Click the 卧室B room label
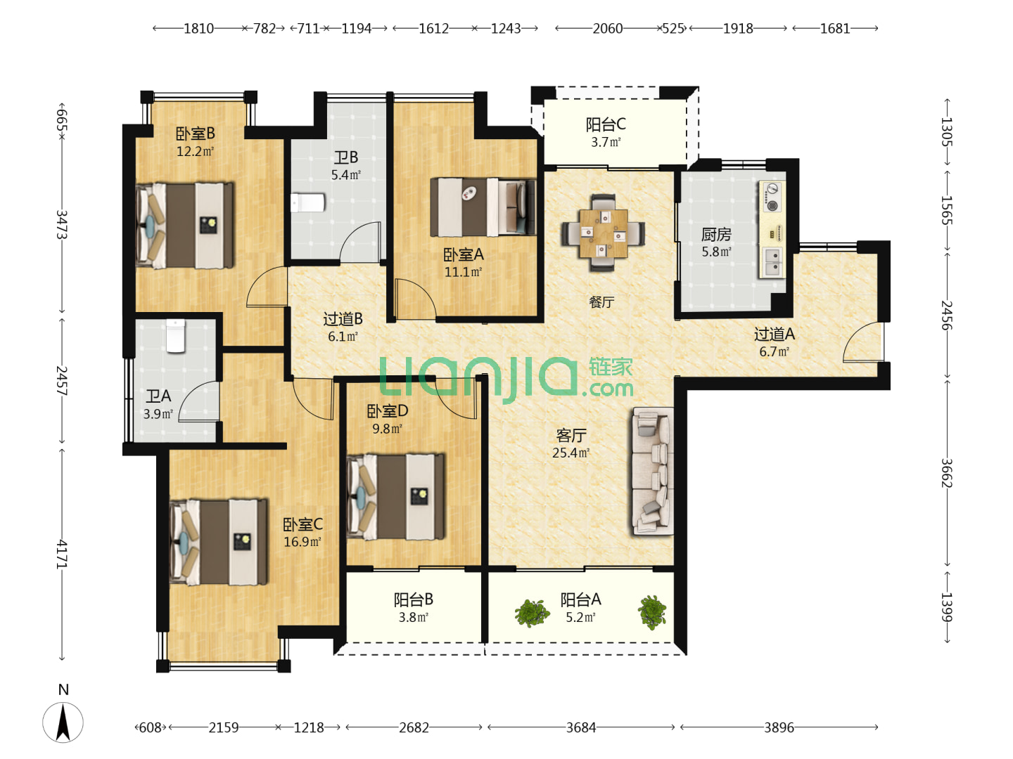[x=196, y=134]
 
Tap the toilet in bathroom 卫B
[x=307, y=203]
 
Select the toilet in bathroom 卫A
[x=175, y=335]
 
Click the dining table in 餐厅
[x=603, y=233]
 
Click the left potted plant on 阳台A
[x=532, y=613]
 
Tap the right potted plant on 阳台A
[x=651, y=612]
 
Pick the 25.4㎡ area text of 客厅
[x=571, y=453]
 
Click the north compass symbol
[x=63, y=722]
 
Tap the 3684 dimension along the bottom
[x=581, y=727]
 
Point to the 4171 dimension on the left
[x=62, y=554]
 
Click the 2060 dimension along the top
[x=607, y=29]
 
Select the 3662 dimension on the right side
[x=947, y=473]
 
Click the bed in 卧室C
[x=218, y=541]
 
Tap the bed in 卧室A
[x=483, y=207]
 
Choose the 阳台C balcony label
[x=606, y=124]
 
